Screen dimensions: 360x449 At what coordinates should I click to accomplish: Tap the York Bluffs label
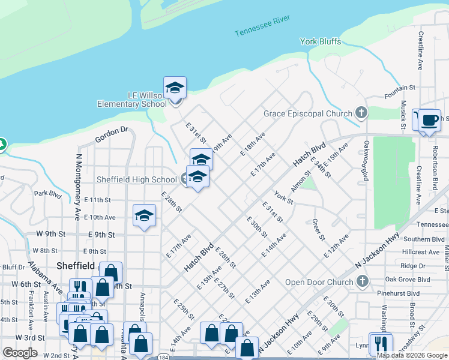pos(321,41)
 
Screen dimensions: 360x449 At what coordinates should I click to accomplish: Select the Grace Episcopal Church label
pos(309,113)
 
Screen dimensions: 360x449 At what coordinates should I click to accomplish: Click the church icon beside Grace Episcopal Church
pos(361,112)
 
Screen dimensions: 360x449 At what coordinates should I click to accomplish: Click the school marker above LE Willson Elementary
pos(175,88)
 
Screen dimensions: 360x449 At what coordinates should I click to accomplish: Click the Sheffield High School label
pos(137,179)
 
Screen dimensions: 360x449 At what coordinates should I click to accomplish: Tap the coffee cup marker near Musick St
pos(430,120)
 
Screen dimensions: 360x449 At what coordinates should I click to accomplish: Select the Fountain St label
pos(400,88)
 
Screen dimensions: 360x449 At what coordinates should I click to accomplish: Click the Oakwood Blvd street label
pos(365,160)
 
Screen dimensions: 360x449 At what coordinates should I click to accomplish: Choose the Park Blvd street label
pos(48,194)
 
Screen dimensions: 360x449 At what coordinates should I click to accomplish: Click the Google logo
pos(20,352)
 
